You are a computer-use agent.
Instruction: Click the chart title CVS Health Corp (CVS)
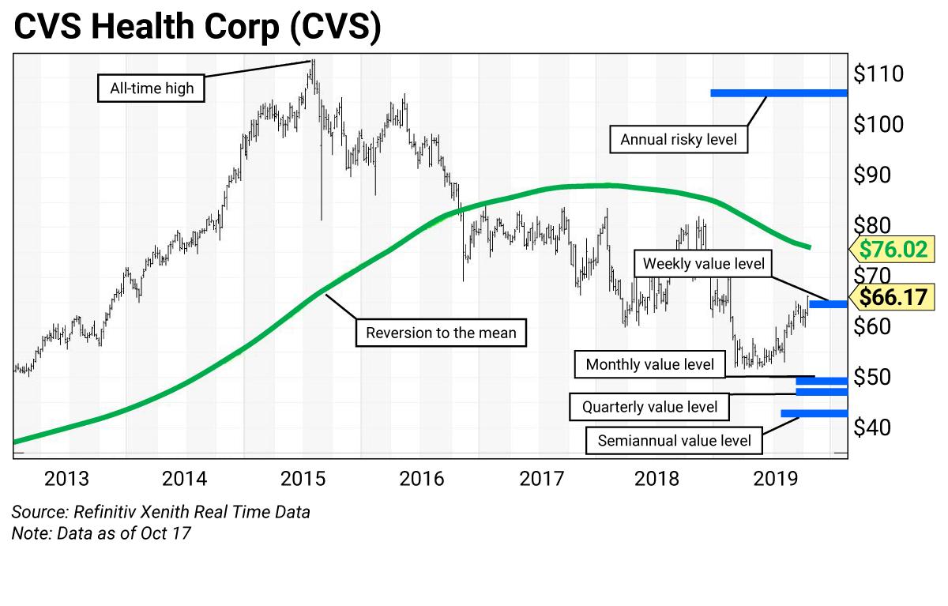coord(197,28)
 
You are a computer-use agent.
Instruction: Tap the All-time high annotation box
coord(152,88)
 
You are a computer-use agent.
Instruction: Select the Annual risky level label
coord(679,140)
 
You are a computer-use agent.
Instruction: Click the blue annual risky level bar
coord(778,93)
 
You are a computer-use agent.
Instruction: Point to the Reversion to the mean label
coord(441,333)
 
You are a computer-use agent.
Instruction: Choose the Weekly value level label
coord(704,263)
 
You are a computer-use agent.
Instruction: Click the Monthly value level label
coord(649,364)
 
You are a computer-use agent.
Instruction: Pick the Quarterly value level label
coord(649,407)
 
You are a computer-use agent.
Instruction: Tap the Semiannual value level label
coord(674,440)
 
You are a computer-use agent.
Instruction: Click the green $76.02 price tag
coord(892,250)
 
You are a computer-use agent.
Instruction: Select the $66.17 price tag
coord(892,298)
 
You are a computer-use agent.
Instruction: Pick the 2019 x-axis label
coord(776,479)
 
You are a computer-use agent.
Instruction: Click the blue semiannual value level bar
coord(814,413)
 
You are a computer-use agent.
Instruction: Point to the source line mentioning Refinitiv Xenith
coord(161,512)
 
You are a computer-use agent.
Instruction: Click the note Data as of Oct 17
coord(101,533)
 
